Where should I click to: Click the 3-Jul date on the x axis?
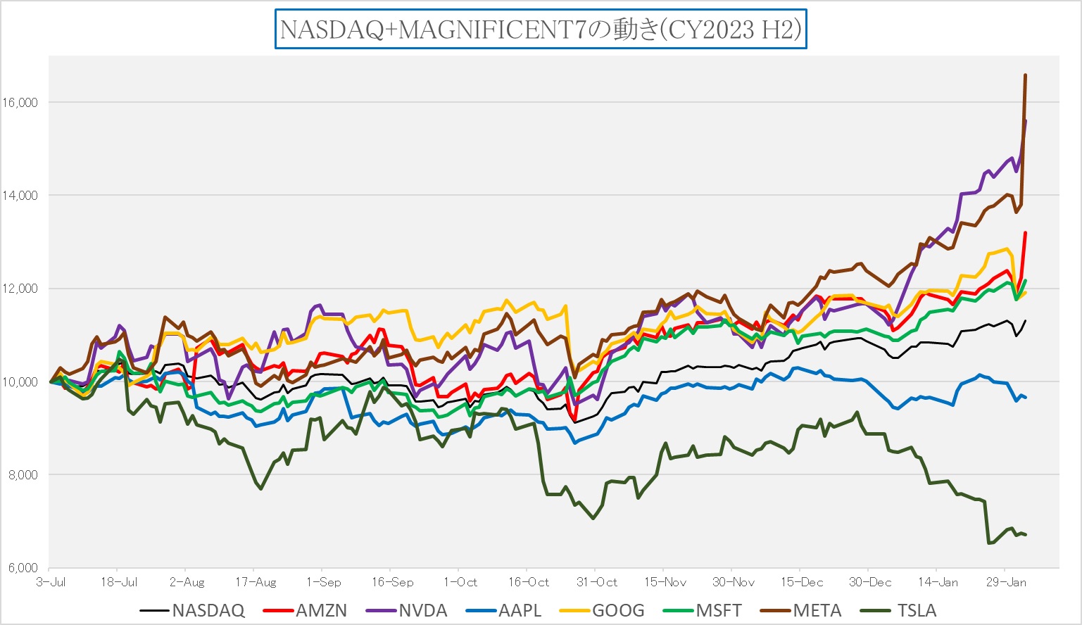tap(51, 583)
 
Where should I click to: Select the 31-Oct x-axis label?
tap(597, 583)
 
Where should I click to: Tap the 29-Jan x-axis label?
tap(1006, 583)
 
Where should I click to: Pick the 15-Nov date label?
tap(665, 583)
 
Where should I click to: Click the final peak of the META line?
tap(1025, 75)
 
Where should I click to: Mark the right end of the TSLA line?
tap(1026, 535)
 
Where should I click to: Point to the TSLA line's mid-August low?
tap(261, 488)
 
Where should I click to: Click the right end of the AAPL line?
tap(1026, 398)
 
